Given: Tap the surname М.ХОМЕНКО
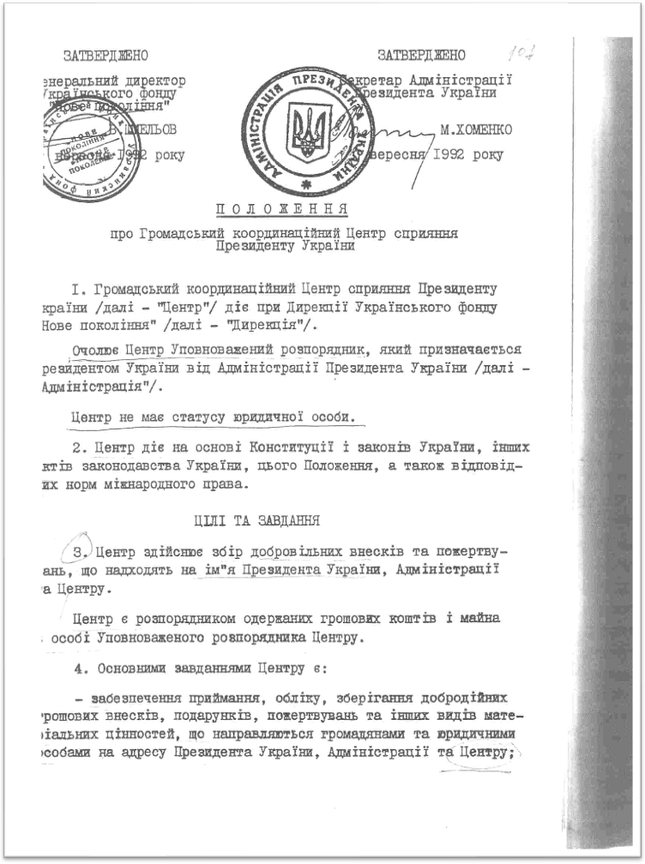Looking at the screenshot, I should point(476,130).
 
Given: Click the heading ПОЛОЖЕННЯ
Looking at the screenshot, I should point(280,209).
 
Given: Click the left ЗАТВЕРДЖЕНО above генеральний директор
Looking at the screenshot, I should point(105,56).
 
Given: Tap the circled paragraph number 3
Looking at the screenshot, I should point(78,549).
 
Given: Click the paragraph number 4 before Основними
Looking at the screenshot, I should point(78,666).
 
